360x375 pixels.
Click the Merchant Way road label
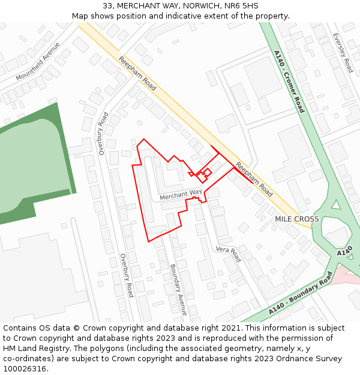tap(181, 194)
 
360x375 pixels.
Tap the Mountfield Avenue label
tap(38, 62)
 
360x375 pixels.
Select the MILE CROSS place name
tap(297, 219)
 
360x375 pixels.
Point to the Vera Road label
tap(228, 254)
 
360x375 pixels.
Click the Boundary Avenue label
tap(179, 290)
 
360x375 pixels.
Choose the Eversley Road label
tap(343, 52)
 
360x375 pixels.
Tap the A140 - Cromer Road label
tap(289, 82)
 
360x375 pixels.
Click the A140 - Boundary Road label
tap(300, 295)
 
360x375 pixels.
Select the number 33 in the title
tap(107, 5)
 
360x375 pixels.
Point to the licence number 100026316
tap(25, 369)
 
